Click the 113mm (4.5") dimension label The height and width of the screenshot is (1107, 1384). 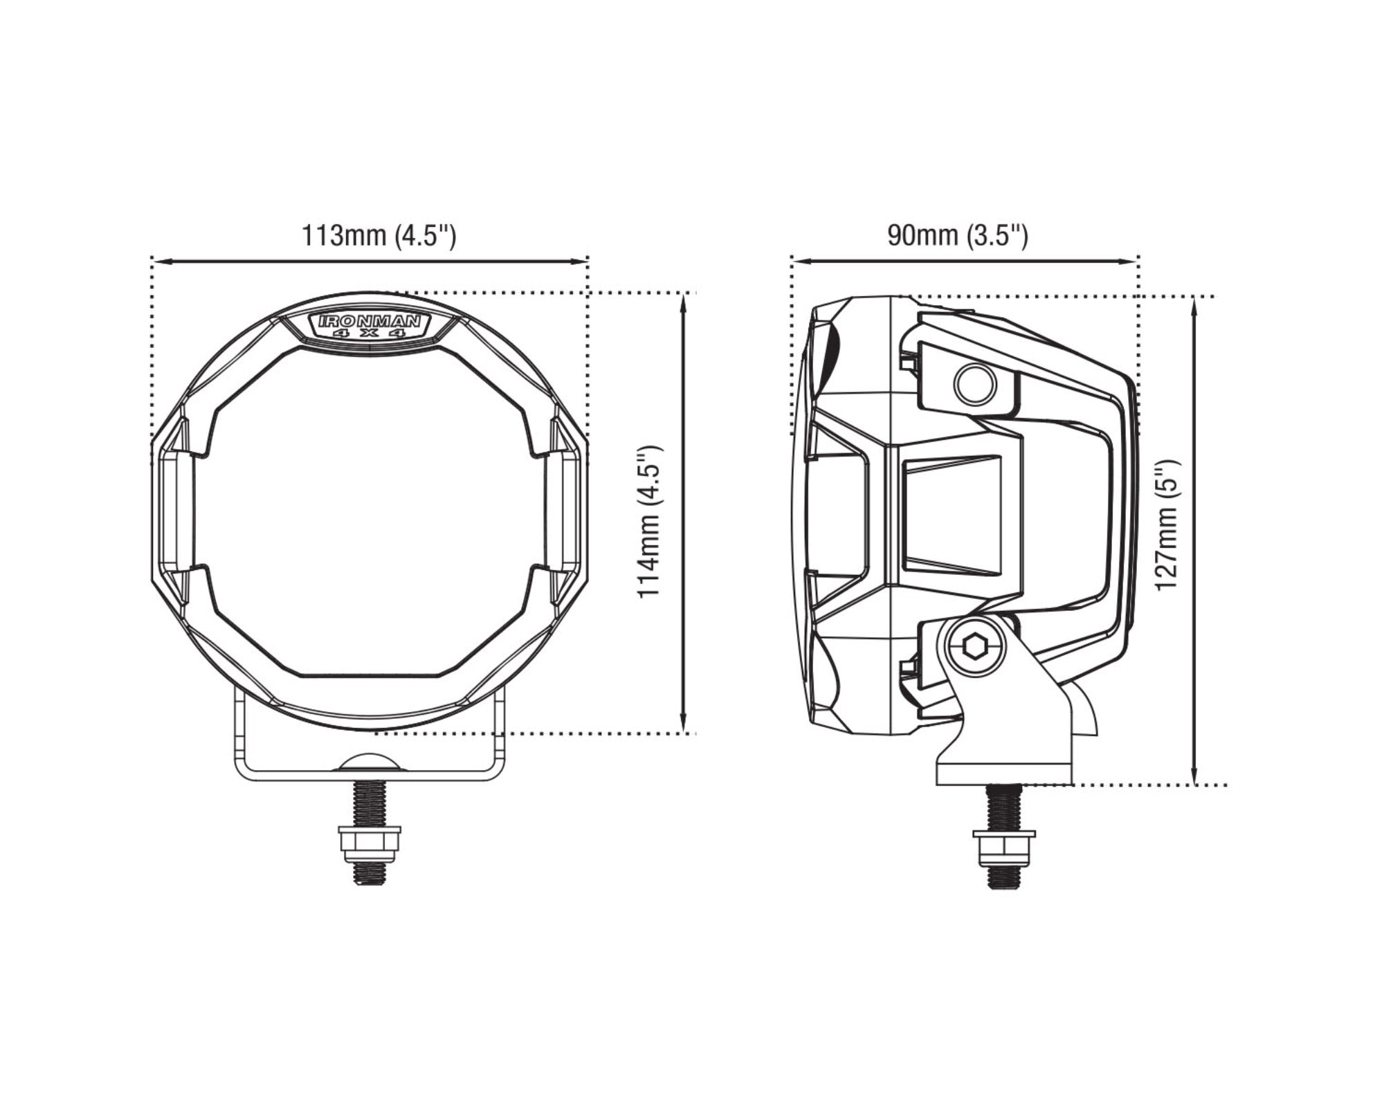pyautogui.click(x=379, y=236)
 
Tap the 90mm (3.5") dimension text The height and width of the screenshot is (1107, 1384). pyautogui.click(x=958, y=236)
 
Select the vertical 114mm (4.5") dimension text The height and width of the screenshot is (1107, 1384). pyautogui.click(x=650, y=522)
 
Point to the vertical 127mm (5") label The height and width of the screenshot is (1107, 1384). pyautogui.click(x=1166, y=524)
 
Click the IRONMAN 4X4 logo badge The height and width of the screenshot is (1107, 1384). pyautogui.click(x=370, y=325)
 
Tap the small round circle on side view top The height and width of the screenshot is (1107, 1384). pyautogui.click(x=975, y=384)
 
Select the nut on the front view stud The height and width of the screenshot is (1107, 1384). pyautogui.click(x=369, y=842)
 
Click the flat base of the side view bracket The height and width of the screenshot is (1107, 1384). pyautogui.click(x=1003, y=773)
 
